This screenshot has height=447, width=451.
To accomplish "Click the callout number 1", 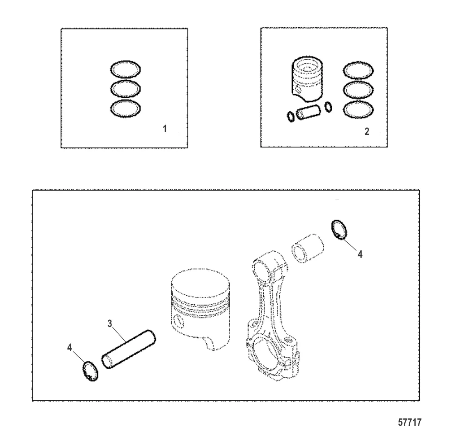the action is tap(165, 129).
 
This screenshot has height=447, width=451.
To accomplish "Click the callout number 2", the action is tap(367, 131).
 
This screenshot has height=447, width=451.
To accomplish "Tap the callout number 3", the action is tap(110, 323).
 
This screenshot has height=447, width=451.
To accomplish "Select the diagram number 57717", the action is tap(410, 422).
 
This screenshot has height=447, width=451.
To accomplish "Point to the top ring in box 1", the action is tap(126, 62).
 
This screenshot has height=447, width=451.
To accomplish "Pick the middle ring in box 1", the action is tap(126, 81).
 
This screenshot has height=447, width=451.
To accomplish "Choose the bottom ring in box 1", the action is tap(126, 101).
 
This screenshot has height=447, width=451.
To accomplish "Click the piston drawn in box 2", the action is tap(307, 79).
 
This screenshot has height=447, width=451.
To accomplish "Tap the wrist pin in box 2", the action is tap(308, 112).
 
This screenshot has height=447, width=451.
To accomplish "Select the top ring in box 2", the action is tap(359, 62).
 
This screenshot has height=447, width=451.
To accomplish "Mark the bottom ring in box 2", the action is tap(359, 101).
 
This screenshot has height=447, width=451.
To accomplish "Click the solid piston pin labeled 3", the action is tap(129, 349).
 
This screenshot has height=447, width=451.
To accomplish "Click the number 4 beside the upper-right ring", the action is tap(360, 254).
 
